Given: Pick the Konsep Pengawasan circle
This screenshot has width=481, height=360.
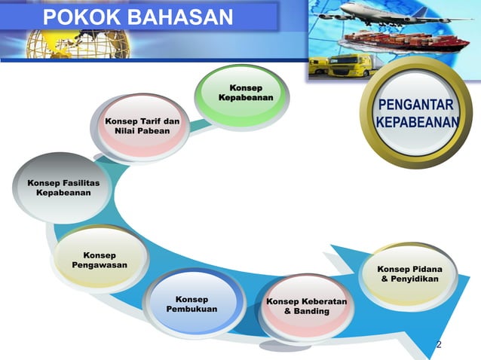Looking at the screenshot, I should pyautogui.click(x=99, y=261).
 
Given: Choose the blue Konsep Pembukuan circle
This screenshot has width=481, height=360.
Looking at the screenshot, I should pyautogui.click(x=191, y=304).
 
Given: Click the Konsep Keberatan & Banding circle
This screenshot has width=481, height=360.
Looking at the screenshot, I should pyautogui.click(x=305, y=306).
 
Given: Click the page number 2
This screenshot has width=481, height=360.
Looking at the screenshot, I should pyautogui.click(x=439, y=345).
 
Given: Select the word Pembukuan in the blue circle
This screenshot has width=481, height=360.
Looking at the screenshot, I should pyautogui.click(x=191, y=310).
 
